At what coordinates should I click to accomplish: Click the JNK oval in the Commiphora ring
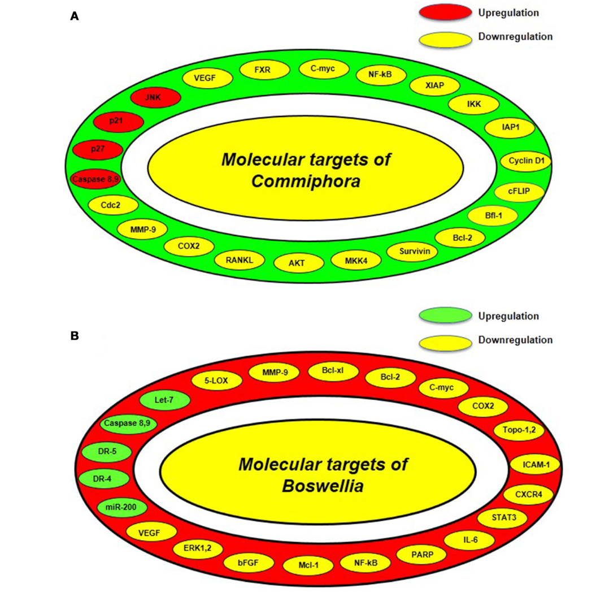click(x=155, y=98)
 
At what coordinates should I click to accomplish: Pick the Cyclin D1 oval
click(x=525, y=161)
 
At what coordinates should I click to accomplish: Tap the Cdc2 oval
click(x=113, y=205)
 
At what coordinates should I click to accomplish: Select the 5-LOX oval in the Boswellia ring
click(x=216, y=381)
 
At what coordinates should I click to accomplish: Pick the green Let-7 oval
click(x=164, y=400)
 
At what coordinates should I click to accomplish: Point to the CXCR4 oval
click(x=528, y=493)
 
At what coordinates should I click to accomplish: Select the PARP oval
click(x=423, y=554)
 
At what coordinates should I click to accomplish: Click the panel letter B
click(x=74, y=336)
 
